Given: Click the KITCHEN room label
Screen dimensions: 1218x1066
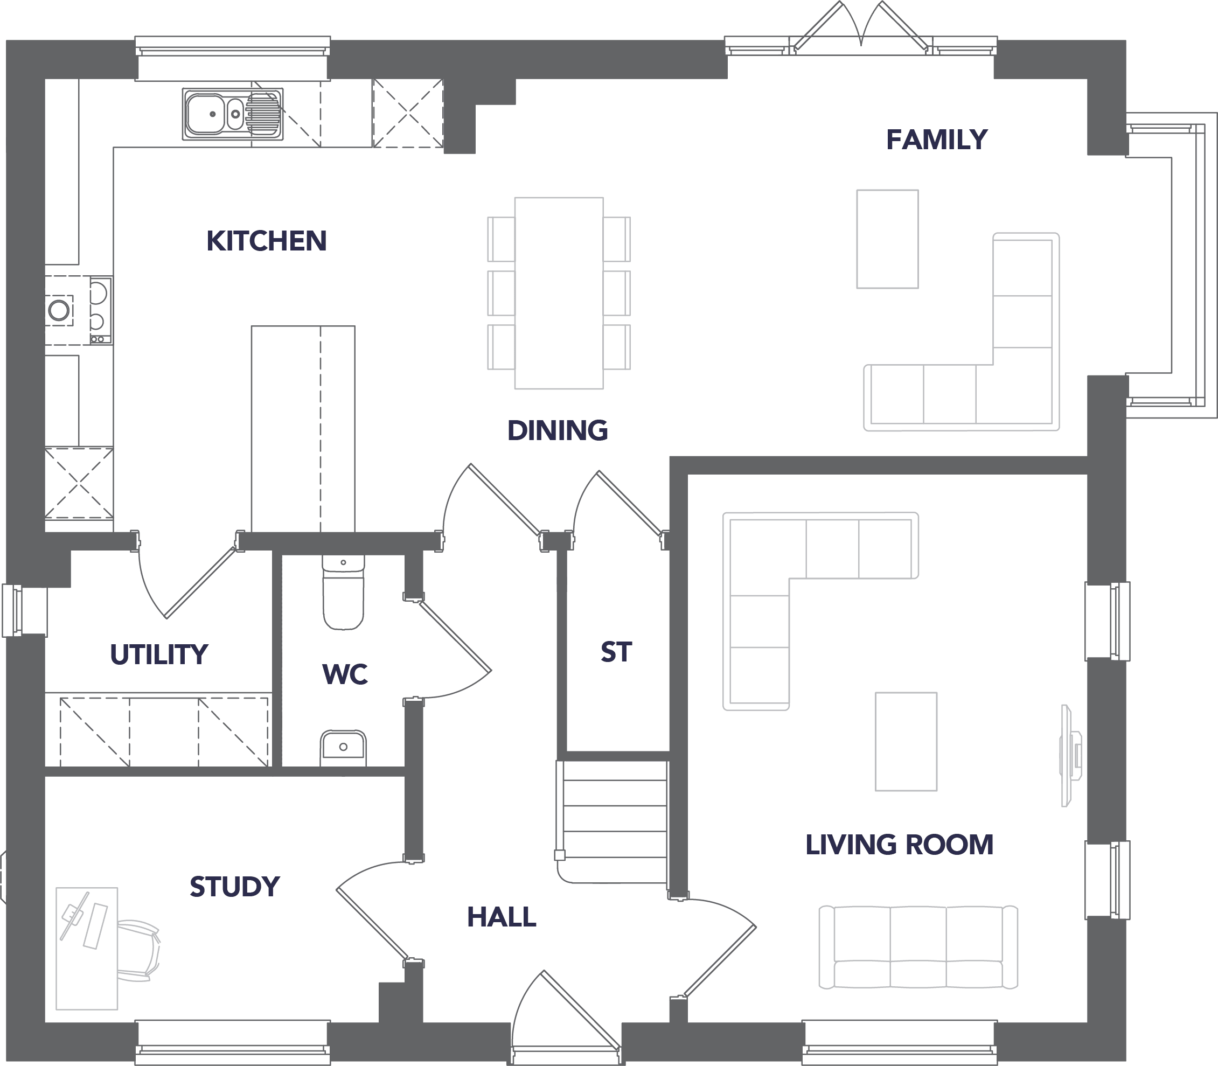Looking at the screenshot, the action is (267, 241).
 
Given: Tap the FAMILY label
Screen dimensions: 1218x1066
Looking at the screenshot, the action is (937, 140).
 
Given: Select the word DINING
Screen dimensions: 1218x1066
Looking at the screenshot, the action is (558, 430).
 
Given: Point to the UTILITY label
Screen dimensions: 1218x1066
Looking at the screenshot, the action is (159, 654).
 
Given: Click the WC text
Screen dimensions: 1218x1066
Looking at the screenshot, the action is (345, 674).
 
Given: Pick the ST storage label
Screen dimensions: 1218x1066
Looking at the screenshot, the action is (616, 652).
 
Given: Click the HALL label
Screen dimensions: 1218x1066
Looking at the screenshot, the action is (502, 917).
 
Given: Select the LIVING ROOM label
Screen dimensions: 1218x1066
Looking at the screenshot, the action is (899, 845).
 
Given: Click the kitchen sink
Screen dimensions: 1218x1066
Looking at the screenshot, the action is (233, 114).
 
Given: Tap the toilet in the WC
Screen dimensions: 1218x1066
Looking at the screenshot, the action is (343, 592).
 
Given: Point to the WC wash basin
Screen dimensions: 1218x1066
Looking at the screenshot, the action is (343, 748).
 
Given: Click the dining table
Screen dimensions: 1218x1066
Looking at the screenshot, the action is (559, 292).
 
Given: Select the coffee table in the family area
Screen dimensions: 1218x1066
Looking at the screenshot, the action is (887, 239).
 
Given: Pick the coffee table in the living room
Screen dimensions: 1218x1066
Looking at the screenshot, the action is (906, 741).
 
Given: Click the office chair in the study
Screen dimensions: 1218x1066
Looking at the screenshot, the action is (138, 950).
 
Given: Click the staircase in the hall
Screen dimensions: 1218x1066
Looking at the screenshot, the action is (613, 821).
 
